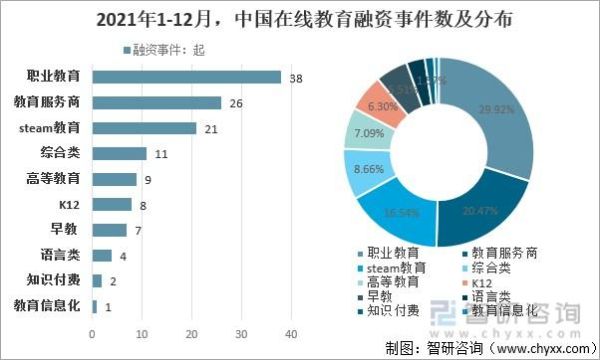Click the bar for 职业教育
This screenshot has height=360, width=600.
pyautogui.click(x=186, y=76)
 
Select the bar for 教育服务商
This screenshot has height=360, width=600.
pyautogui.click(x=156, y=102)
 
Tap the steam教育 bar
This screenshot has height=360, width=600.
pyautogui.click(x=144, y=127)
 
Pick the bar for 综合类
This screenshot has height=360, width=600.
pyautogui.click(x=119, y=153)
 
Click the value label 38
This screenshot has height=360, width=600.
pyautogui.click(x=296, y=77)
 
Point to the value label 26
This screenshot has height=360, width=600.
pyautogui.click(x=236, y=102)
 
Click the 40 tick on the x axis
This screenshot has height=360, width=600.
pyautogui.click(x=291, y=334)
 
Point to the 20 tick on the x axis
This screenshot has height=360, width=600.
pyautogui.click(x=191, y=334)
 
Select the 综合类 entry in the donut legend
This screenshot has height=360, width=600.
pyautogui.click(x=495, y=268)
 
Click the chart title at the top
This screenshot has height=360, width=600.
pyautogui.click(x=300, y=21)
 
